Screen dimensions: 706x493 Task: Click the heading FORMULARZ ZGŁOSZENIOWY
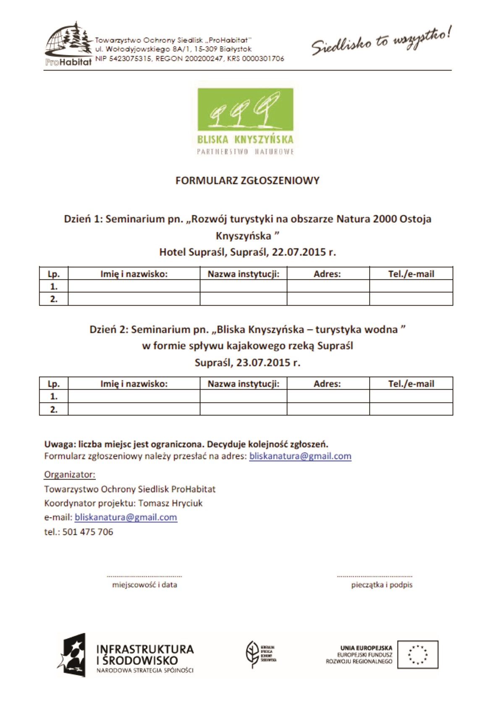click(x=247, y=181)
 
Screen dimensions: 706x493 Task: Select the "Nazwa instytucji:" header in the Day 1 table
click(x=244, y=274)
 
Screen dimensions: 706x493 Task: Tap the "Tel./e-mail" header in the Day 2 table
click(x=411, y=384)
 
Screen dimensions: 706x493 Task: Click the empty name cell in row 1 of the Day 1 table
click(x=134, y=286)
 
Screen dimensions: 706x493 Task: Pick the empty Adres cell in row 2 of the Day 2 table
click(x=328, y=409)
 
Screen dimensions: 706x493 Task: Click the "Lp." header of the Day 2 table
click(x=54, y=384)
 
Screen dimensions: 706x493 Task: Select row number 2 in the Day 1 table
click(x=54, y=299)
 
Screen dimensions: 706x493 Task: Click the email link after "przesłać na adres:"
click(x=300, y=456)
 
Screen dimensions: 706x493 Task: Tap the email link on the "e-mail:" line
click(x=126, y=517)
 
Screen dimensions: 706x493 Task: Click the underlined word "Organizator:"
click(x=70, y=475)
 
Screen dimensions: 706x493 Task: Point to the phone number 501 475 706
click(x=88, y=532)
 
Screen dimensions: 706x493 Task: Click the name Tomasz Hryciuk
click(x=170, y=503)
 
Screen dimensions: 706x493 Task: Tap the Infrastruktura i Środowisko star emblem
click(x=74, y=654)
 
